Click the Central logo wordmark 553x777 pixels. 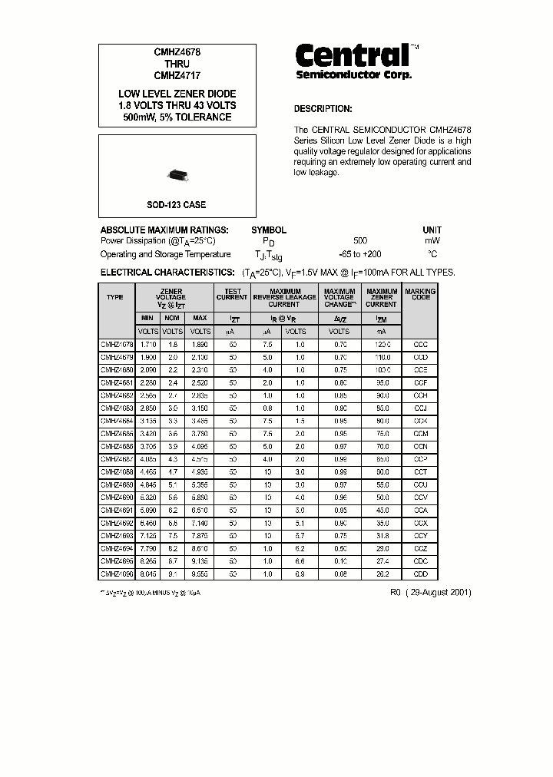click(x=353, y=55)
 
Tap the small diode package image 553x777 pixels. click(x=177, y=177)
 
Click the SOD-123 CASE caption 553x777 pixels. click(x=177, y=205)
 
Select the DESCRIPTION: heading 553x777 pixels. click(x=323, y=109)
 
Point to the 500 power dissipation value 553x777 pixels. click(x=359, y=241)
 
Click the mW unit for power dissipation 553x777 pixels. click(x=432, y=241)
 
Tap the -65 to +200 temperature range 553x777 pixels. click(x=359, y=254)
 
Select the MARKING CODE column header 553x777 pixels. click(x=420, y=294)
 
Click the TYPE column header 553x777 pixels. click(x=115, y=296)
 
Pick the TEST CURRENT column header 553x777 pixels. click(x=232, y=294)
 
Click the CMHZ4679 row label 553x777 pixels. click(x=117, y=358)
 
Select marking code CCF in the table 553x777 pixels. click(x=420, y=382)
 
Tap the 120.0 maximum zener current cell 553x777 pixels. click(x=382, y=345)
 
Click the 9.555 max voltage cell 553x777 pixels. click(x=200, y=574)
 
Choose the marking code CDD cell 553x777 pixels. click(x=420, y=574)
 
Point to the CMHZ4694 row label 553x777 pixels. click(x=117, y=548)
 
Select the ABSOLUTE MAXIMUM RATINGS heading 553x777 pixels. click(x=164, y=230)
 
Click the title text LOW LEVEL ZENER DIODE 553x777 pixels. click(x=177, y=94)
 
